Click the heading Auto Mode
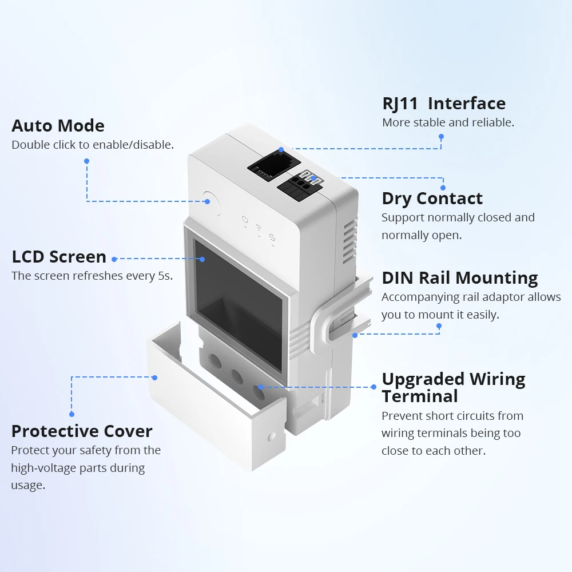58,126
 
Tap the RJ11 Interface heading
444,104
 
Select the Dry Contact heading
432,198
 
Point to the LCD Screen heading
59,257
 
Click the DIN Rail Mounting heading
460,278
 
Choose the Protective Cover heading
82,431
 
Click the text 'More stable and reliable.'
448,122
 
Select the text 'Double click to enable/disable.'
93,145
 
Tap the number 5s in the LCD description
164,276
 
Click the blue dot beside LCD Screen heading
114,259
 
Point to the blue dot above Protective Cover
72,414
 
